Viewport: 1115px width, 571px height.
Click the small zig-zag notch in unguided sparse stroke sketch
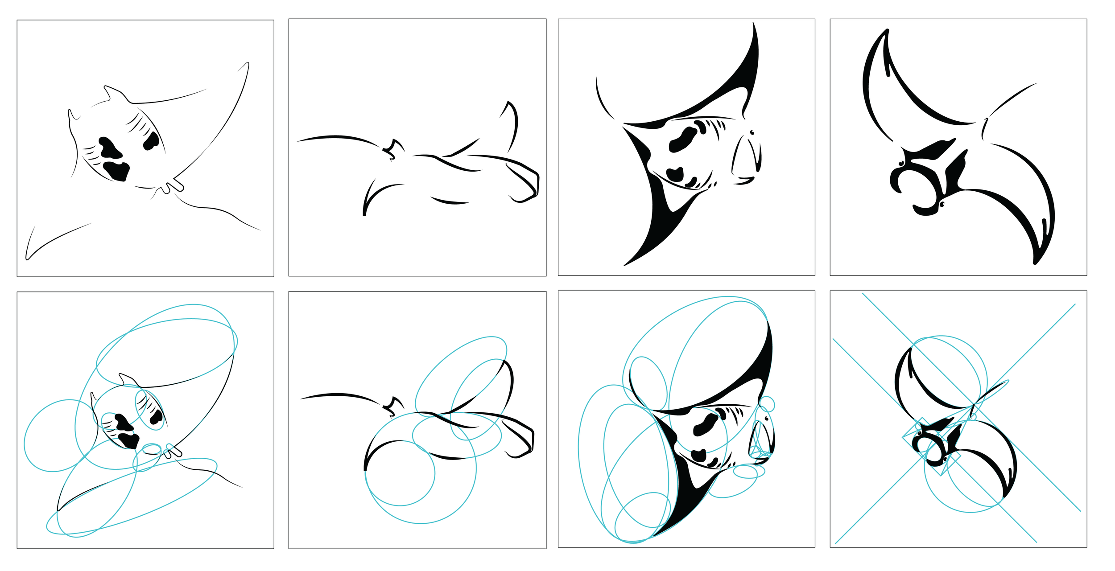click(391, 149)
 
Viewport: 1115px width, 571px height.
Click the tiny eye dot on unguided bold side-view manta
click(752, 132)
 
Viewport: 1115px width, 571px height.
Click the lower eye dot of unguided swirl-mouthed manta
click(942, 204)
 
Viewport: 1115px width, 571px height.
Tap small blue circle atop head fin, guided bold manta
click(767, 404)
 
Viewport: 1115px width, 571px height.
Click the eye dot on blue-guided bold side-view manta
click(766, 419)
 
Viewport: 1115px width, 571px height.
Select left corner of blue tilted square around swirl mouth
click(903, 438)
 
